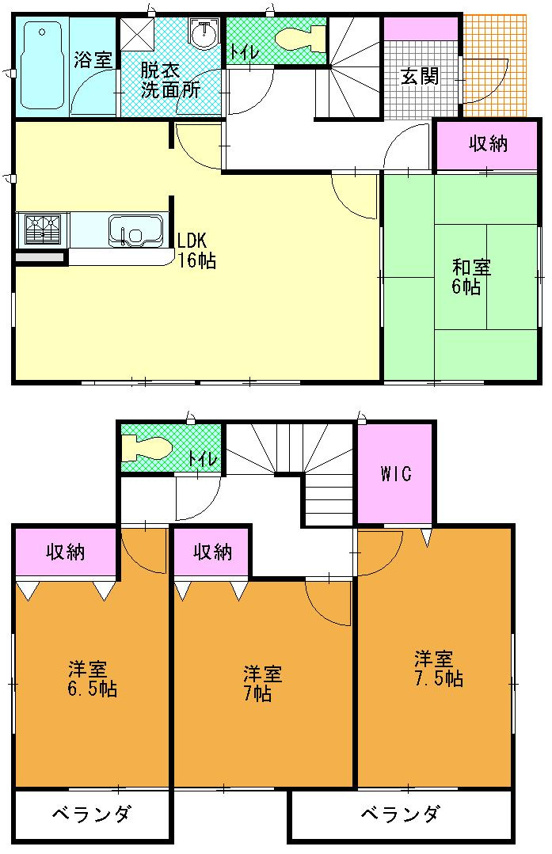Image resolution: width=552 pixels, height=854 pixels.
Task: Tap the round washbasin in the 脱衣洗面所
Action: (204, 32)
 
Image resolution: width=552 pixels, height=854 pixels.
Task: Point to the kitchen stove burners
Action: (43, 230)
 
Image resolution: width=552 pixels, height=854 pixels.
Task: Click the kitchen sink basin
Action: (136, 230)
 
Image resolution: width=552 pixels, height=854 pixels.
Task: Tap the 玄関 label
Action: (420, 76)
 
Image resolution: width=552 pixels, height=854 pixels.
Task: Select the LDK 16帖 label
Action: (196, 251)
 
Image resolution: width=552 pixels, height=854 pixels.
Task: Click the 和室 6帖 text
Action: (470, 277)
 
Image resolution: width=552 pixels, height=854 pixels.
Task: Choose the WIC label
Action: (396, 474)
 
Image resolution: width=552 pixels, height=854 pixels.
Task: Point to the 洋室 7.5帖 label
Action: (439, 669)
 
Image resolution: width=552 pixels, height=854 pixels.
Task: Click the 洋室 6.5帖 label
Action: (92, 678)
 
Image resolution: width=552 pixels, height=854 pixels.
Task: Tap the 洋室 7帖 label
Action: (262, 684)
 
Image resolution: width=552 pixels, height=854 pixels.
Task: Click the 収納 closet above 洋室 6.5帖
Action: (66, 552)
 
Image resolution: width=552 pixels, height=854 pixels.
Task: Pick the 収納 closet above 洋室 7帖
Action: (212, 552)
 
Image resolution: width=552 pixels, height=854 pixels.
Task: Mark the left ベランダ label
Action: (92, 814)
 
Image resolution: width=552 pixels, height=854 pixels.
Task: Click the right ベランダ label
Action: (400, 814)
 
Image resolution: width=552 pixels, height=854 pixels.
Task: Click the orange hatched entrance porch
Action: (495, 66)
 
